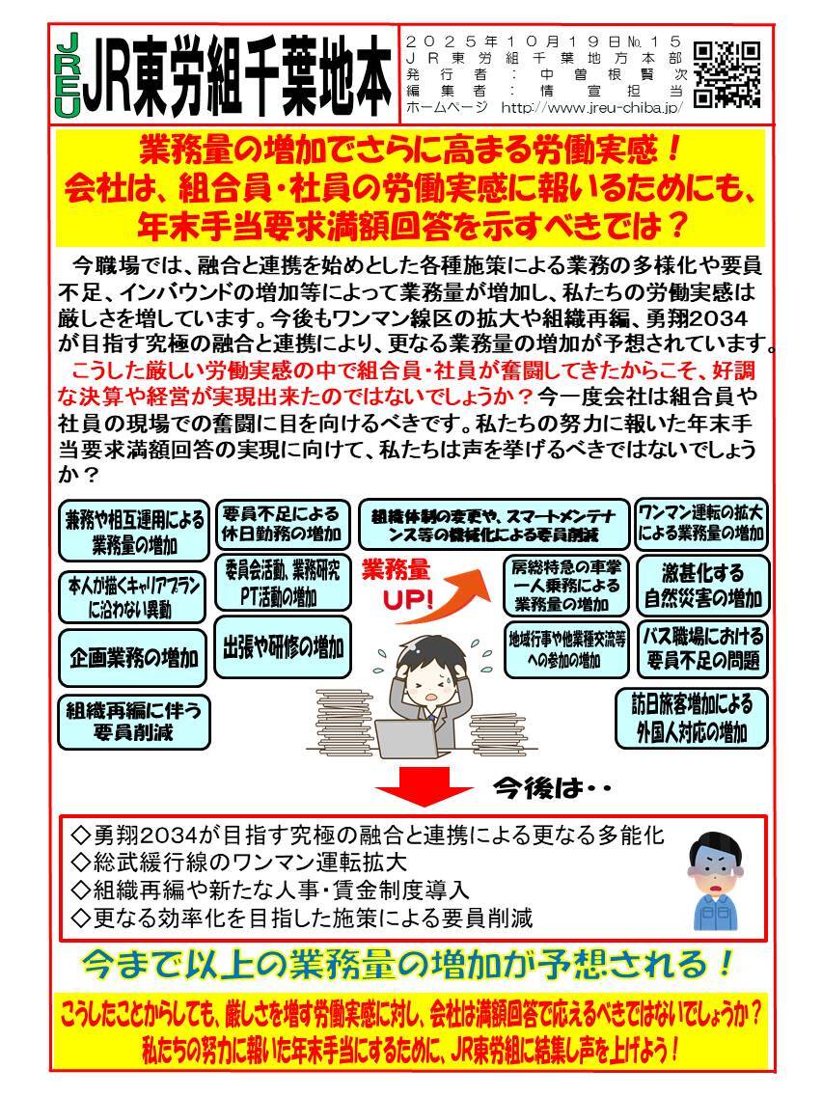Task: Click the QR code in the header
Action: [726, 72]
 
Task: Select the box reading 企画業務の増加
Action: [134, 658]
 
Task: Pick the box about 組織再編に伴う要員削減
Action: [134, 721]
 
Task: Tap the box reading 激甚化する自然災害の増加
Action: [702, 585]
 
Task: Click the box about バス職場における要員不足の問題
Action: [702, 649]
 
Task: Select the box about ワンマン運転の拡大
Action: [700, 522]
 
